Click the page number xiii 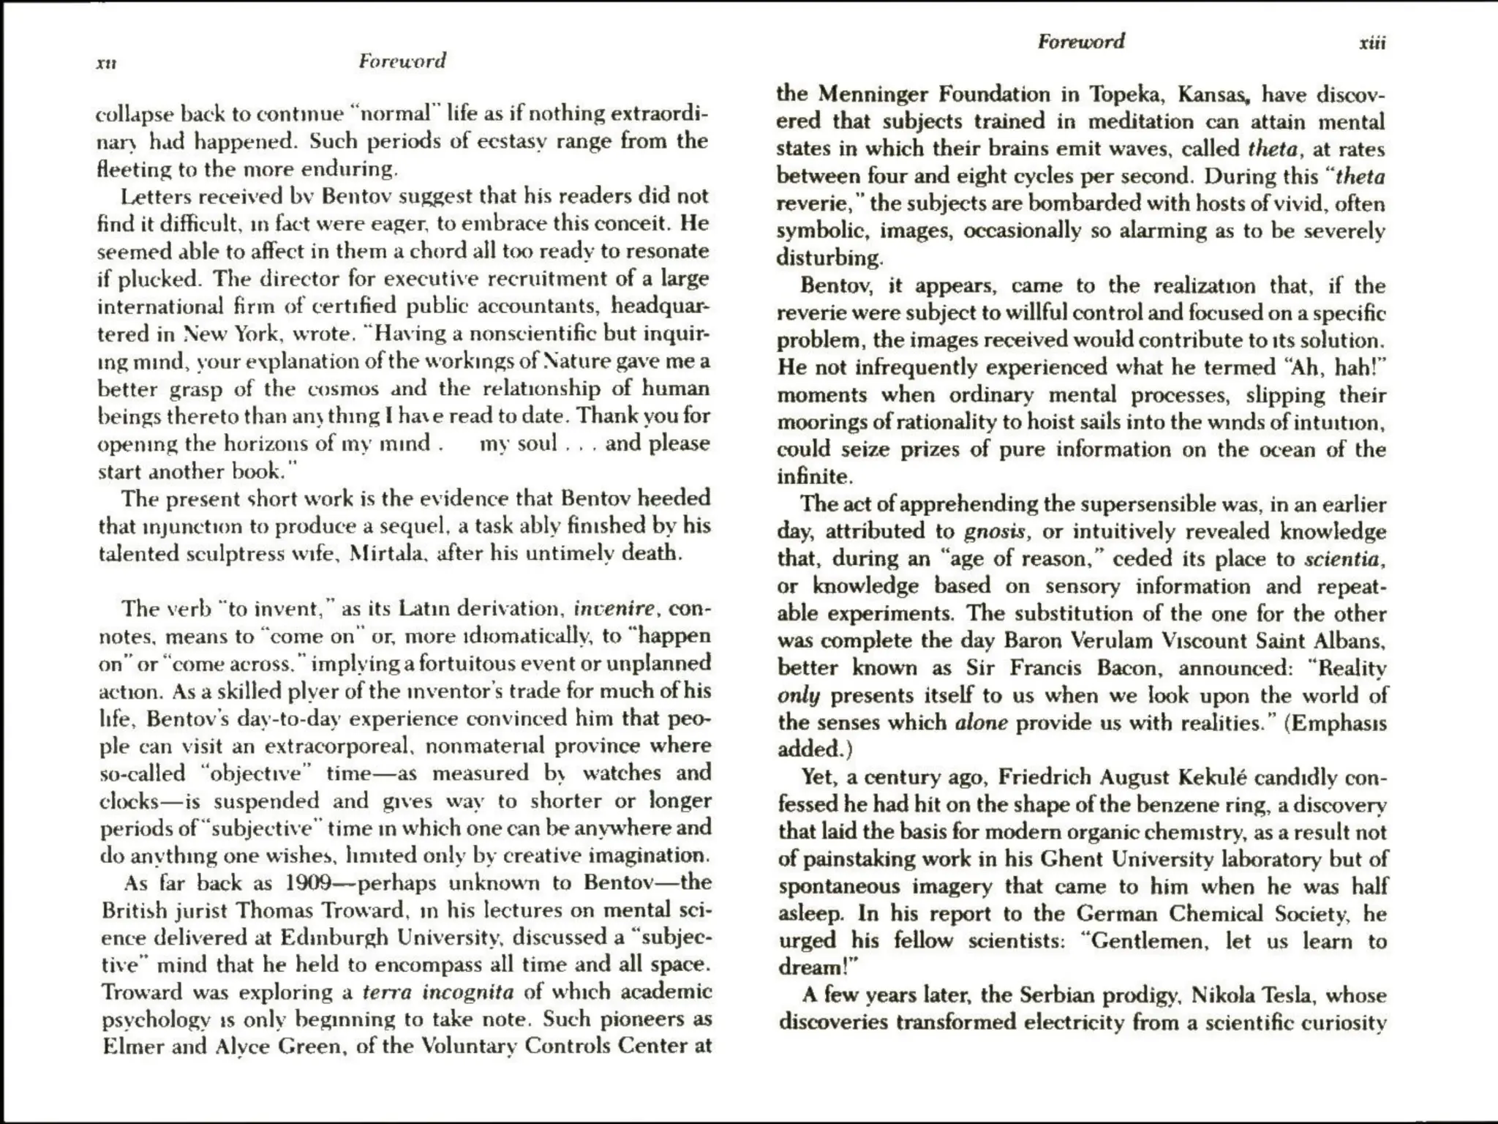[x=1371, y=43]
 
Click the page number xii [x=107, y=64]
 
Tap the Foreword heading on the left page [x=402, y=61]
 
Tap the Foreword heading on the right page [x=1080, y=42]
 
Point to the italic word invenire [x=614, y=609]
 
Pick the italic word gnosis [x=995, y=531]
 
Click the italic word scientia [x=1343, y=559]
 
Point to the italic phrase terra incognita [x=438, y=993]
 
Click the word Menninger [x=875, y=94]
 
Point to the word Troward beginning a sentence [x=143, y=993]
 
